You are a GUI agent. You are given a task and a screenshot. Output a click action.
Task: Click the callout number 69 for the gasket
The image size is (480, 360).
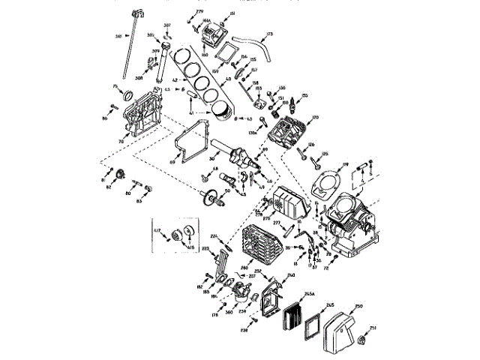pos(172,161)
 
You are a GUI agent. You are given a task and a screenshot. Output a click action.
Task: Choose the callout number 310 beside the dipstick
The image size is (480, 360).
pos(118,35)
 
